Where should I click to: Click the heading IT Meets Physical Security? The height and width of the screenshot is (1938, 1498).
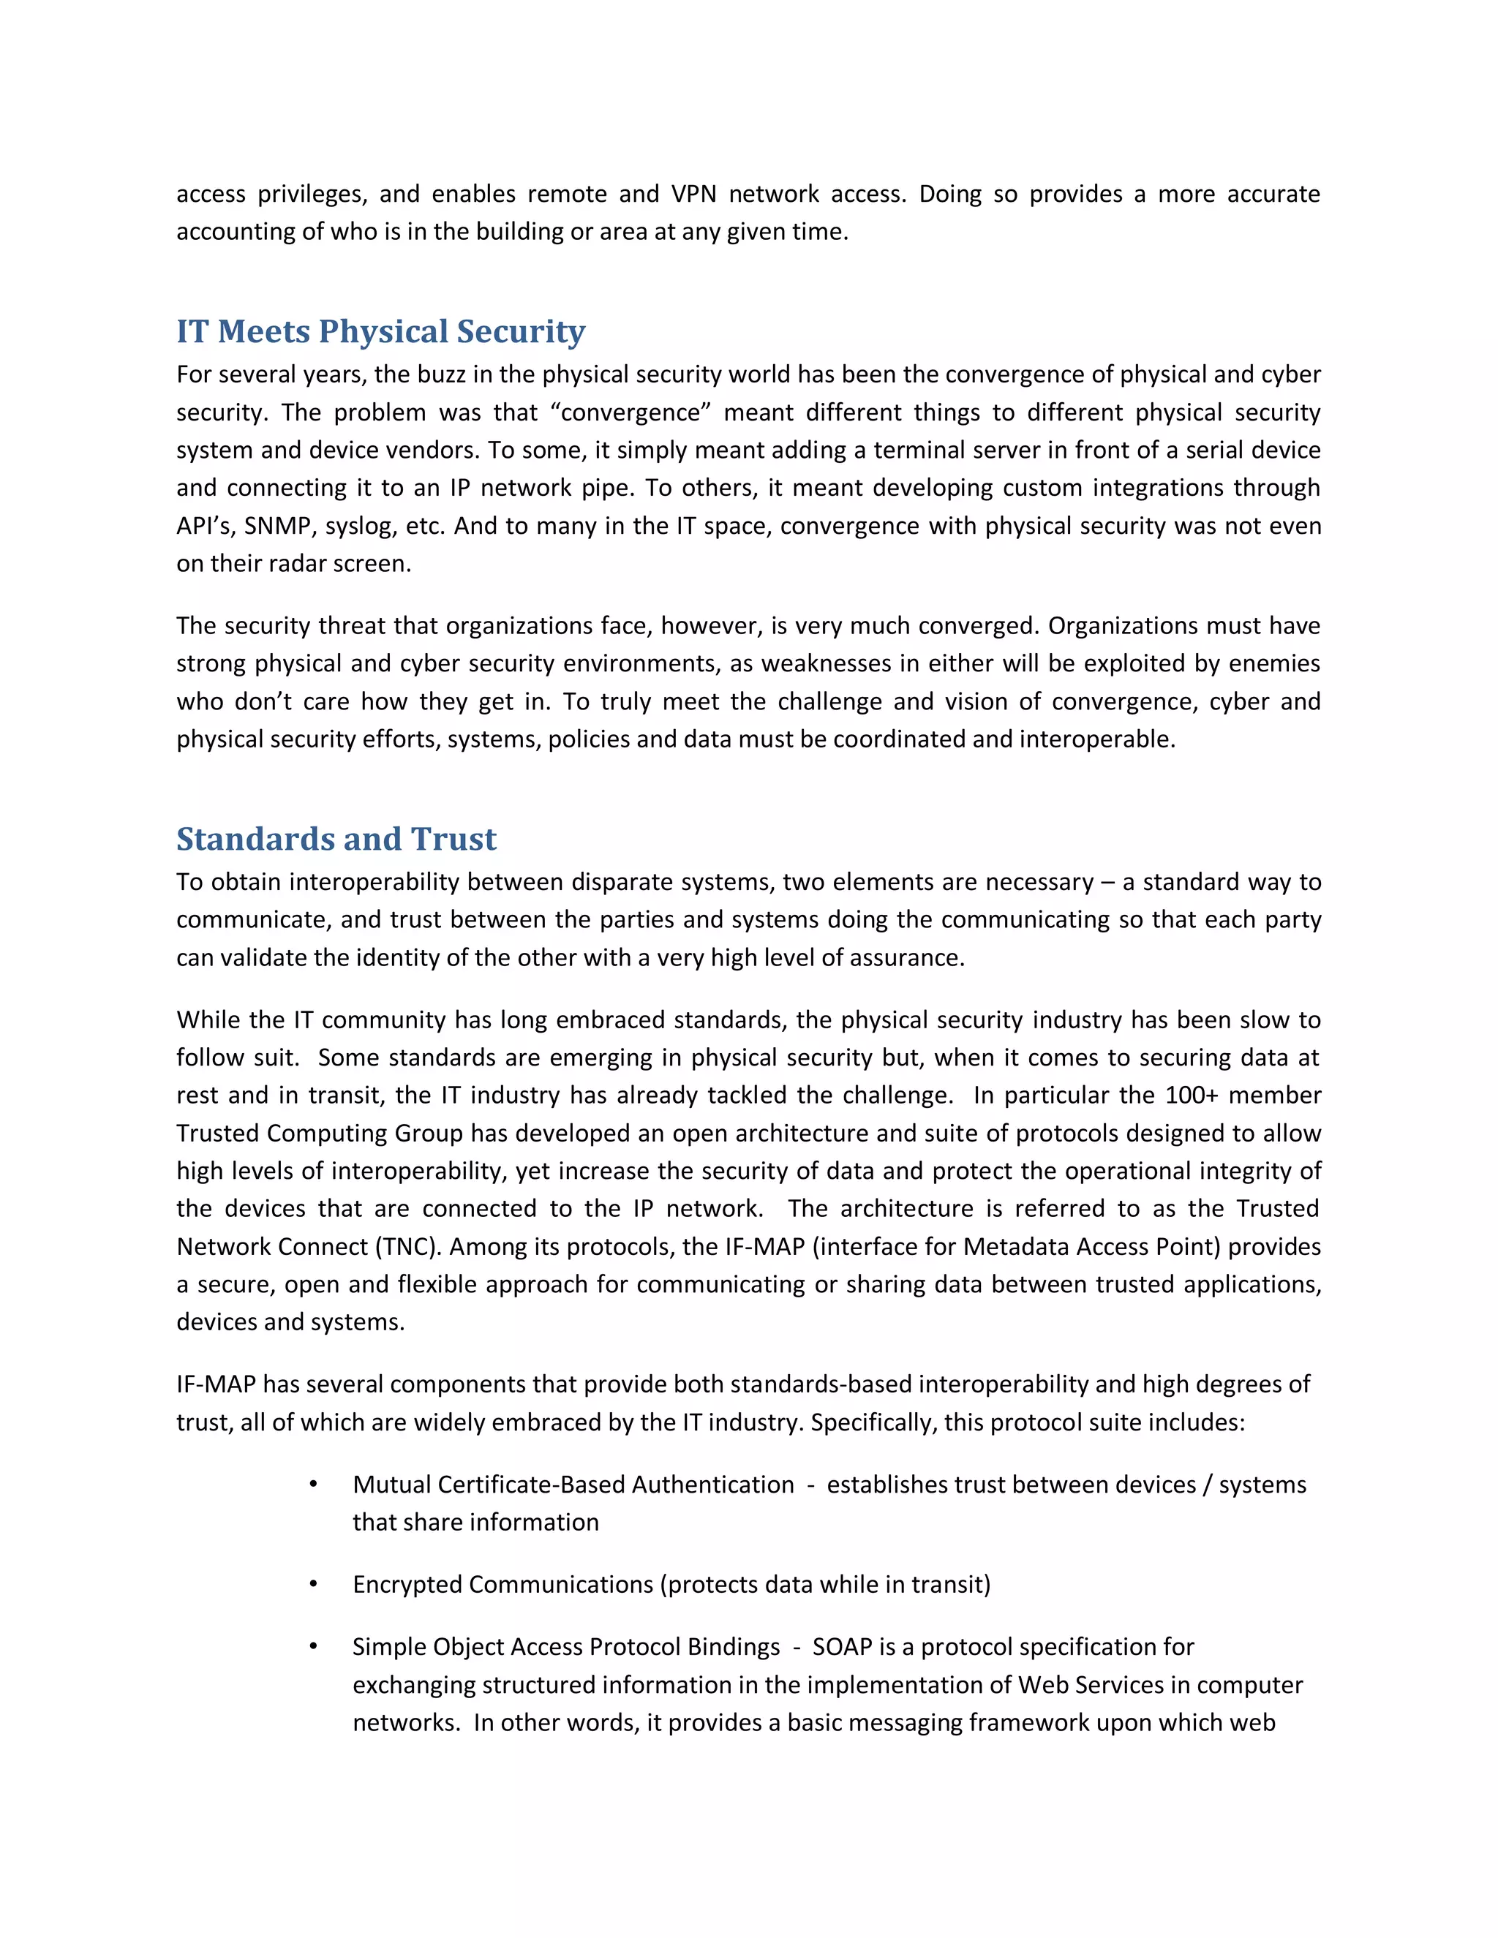click(380, 332)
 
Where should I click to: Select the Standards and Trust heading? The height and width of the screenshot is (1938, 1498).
click(336, 840)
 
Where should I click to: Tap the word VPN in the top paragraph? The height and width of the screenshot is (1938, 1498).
click(693, 195)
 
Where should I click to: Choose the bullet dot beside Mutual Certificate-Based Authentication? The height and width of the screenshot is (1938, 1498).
click(313, 1485)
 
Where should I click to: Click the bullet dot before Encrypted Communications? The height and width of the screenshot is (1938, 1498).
click(313, 1584)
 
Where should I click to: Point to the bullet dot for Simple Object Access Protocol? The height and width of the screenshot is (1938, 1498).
click(313, 1647)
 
